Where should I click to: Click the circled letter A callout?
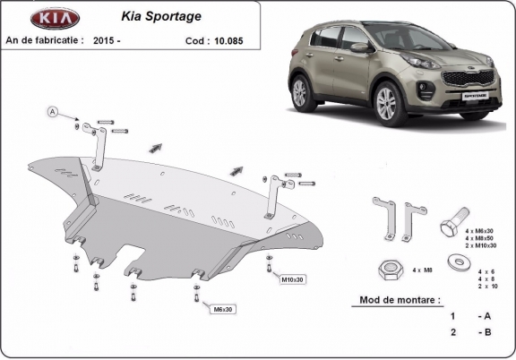coord(53,111)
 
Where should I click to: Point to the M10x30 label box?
coord(293,279)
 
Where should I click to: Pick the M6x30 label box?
coord(223,310)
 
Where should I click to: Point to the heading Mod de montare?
coord(400,300)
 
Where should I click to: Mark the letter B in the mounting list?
coord(486,332)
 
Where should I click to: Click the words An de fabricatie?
coord(44,39)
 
